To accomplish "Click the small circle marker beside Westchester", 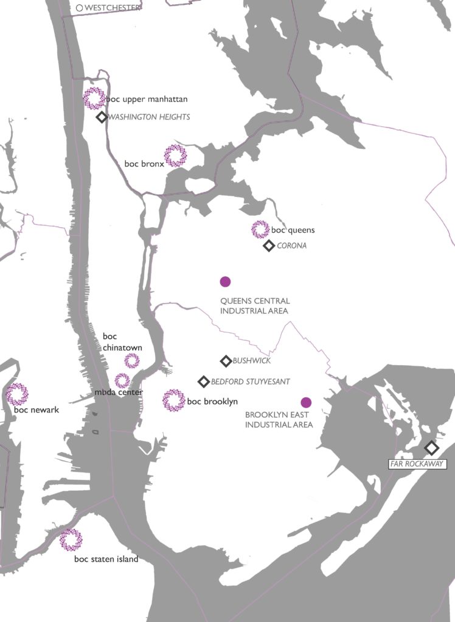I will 79,8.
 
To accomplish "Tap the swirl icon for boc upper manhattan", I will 94,98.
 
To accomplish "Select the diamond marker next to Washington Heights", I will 102,117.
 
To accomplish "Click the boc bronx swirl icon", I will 176,156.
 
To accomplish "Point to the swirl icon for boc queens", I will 260,230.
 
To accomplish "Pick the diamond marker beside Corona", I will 268,246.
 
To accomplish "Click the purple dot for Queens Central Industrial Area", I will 225,281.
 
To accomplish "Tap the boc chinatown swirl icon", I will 132,361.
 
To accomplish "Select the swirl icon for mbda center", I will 122,381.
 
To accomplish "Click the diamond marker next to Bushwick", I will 225,361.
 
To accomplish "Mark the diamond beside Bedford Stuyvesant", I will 204,381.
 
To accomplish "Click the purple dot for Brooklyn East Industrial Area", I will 306,402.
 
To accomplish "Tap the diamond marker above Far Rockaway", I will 431,448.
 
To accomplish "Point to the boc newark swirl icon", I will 17,394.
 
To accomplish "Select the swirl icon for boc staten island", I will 71,539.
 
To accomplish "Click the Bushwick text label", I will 251,361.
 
